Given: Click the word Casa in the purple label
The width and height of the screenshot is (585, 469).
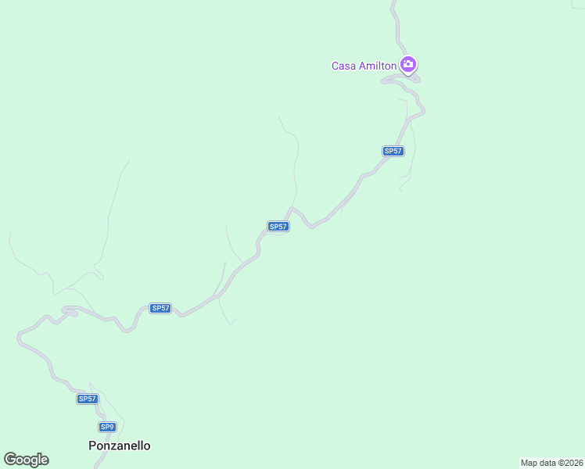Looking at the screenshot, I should [344, 66].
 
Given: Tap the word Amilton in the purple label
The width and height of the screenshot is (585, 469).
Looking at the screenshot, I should [378, 66].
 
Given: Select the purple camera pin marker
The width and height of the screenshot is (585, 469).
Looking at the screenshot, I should [407, 64].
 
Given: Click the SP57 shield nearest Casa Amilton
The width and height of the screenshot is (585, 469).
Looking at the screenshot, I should [393, 151].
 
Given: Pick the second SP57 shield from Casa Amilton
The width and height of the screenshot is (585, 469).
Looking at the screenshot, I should [278, 227].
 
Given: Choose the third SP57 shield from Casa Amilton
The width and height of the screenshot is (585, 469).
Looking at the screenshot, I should [160, 308].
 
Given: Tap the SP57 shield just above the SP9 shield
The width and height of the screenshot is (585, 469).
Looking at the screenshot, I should [88, 399].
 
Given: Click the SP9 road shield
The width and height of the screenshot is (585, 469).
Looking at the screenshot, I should [107, 427].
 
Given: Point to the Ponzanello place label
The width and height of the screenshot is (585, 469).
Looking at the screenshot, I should [119, 446].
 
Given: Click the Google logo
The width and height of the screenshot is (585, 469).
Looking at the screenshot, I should [26, 460].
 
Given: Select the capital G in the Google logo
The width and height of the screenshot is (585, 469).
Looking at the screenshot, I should [10, 460].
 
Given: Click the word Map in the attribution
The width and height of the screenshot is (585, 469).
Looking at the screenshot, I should [529, 463].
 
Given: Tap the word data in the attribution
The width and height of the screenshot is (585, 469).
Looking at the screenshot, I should [548, 463].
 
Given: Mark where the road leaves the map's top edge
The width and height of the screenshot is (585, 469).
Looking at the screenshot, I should [393, 2].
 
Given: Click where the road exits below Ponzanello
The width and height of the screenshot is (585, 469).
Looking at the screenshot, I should [96, 467].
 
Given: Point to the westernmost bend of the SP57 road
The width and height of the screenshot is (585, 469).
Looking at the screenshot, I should [18, 338].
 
